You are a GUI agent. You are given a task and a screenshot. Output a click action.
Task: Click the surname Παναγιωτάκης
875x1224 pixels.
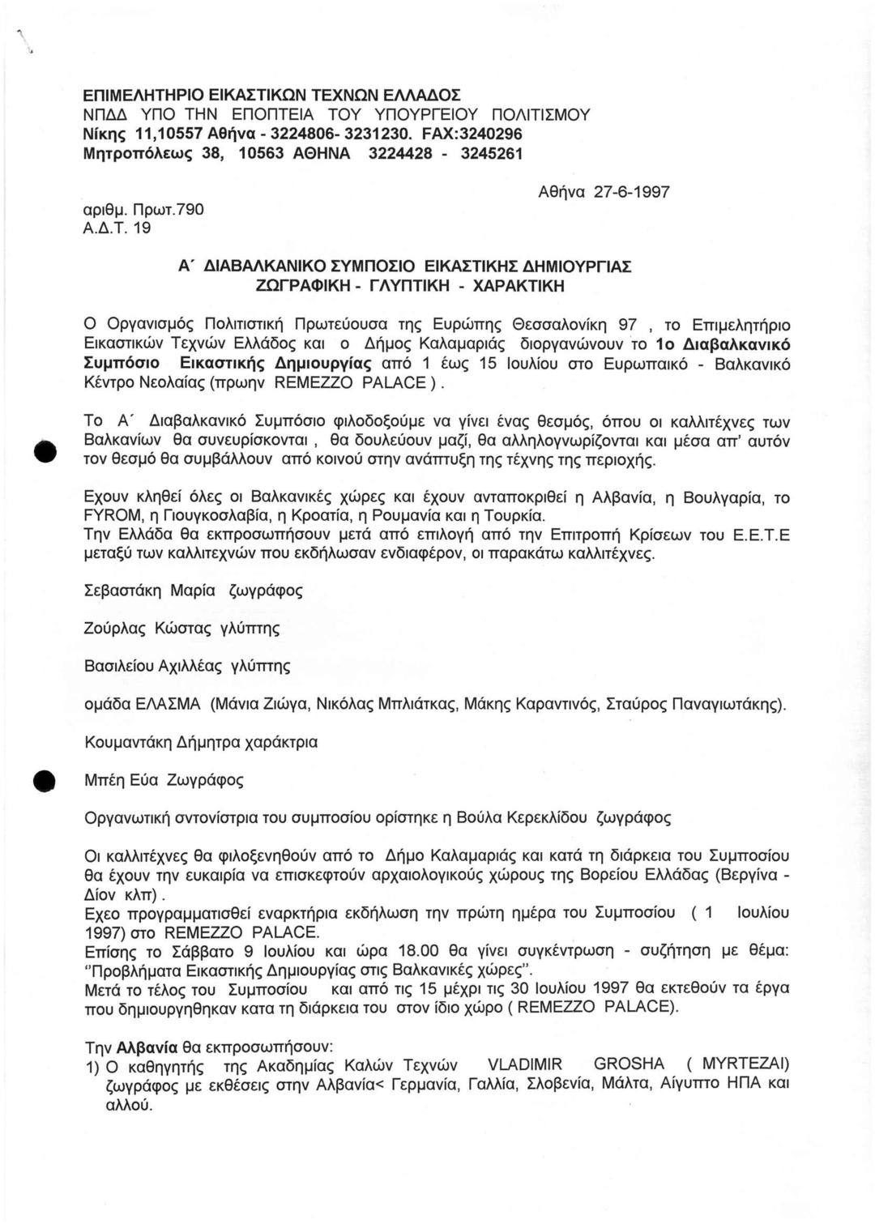point(714,703)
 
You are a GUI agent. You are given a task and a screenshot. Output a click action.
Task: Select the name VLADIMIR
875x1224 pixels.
point(527,1064)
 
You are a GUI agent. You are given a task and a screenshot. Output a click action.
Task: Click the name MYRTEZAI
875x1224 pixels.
point(745,1064)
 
